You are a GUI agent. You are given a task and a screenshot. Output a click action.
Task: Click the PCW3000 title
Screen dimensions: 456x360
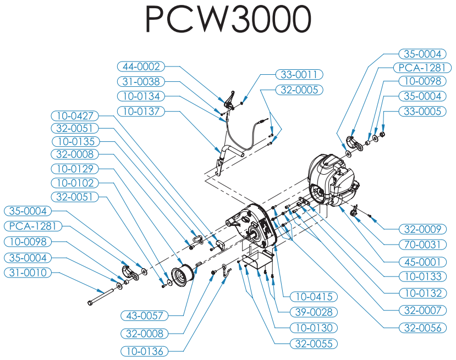[x=228, y=19]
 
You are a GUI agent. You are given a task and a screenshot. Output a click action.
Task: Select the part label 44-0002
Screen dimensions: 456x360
[x=141, y=67]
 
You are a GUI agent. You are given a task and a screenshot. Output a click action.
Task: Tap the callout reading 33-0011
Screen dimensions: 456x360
[x=299, y=75]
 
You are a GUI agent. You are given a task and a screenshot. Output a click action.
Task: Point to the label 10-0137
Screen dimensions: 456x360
[x=141, y=111]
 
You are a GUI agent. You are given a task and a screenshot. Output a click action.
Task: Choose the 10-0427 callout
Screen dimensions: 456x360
[x=75, y=116]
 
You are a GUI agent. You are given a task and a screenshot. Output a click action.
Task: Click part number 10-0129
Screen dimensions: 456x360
[x=75, y=169]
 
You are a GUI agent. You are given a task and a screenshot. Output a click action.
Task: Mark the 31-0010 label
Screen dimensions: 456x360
[x=28, y=273]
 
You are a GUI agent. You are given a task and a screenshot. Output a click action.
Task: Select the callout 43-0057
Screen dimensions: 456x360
[x=145, y=315]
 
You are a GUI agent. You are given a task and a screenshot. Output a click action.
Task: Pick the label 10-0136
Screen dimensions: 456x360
[x=145, y=352]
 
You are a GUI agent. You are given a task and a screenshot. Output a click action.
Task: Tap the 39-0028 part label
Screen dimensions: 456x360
[x=314, y=312]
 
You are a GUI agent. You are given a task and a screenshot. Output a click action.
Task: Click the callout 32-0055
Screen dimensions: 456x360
[x=314, y=344]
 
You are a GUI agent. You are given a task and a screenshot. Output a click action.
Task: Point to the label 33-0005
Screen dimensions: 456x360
[x=422, y=111]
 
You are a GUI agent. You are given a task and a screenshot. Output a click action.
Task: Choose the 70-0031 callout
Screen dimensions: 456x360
[x=422, y=245]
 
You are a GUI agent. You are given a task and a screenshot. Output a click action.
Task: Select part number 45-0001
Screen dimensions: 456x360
[x=422, y=262]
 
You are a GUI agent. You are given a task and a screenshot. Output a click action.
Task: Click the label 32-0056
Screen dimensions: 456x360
[x=422, y=328]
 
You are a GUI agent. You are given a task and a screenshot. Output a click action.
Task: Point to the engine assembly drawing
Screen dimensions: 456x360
[x=333, y=181]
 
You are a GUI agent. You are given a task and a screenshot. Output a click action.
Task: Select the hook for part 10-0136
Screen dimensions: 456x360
[x=226, y=270]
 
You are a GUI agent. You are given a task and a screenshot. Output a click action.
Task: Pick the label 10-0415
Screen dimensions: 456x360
[x=314, y=297]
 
